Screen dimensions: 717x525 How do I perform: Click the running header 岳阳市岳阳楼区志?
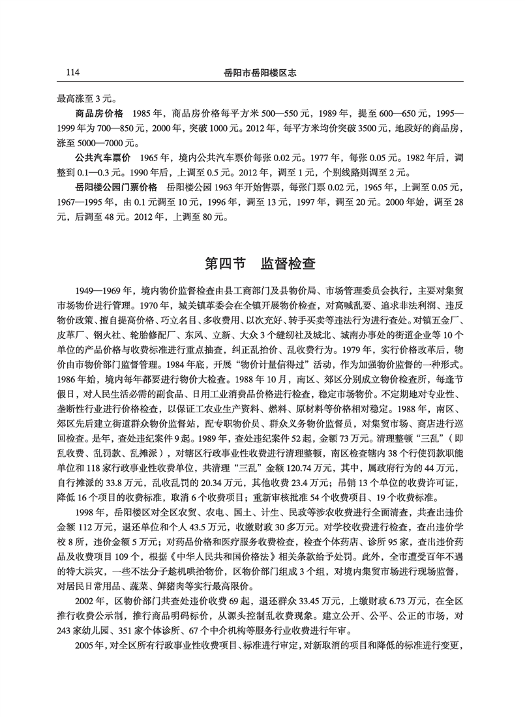pos(261,72)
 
